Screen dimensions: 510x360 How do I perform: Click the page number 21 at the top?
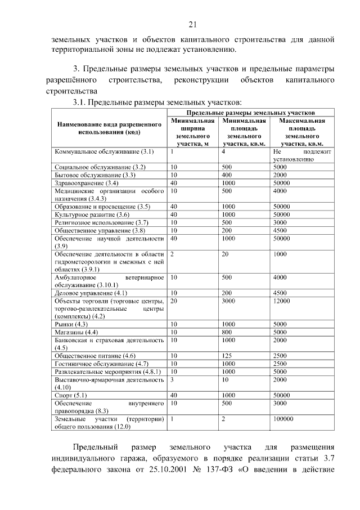coord(192,24)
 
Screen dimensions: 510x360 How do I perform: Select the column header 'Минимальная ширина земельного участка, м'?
coord(193,132)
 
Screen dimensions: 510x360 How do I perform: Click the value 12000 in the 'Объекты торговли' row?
coord(281,301)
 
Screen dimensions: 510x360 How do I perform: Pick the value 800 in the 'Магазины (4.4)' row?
coord(227,332)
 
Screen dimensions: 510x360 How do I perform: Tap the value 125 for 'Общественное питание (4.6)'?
coord(227,356)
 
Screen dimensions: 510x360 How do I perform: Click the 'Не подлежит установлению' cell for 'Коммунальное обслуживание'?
coord(302,155)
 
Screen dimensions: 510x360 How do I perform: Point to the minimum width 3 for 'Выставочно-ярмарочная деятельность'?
coord(172,379)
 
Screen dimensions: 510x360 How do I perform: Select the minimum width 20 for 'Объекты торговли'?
coord(174,301)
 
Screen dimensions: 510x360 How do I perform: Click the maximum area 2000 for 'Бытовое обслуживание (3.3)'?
coord(280,175)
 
